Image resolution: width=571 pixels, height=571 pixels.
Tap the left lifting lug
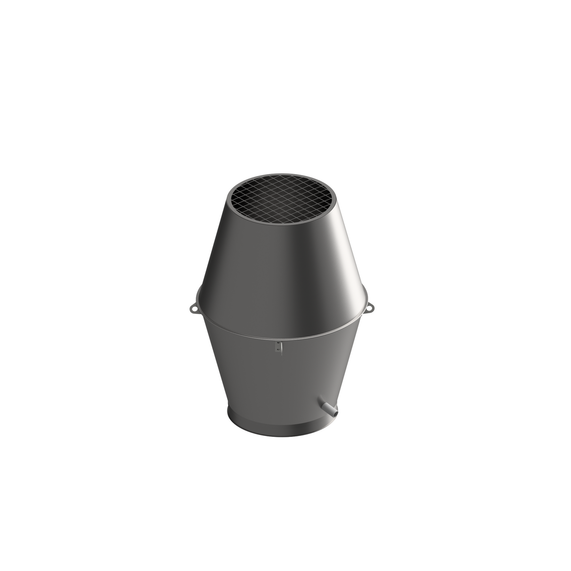(x=193, y=308)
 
